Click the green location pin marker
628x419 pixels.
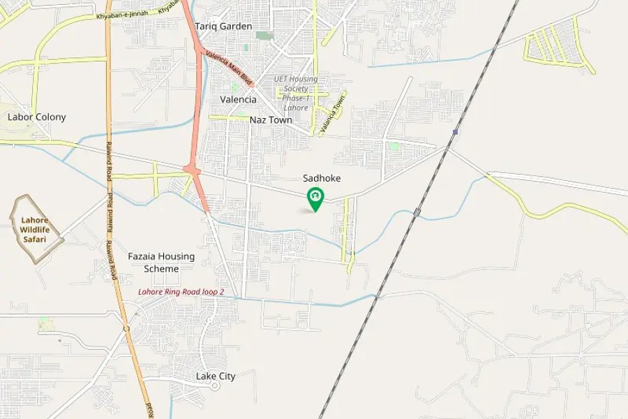pyautogui.click(x=315, y=198)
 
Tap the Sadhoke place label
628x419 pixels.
pyautogui.click(x=322, y=179)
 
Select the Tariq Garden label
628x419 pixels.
pyautogui.click(x=223, y=27)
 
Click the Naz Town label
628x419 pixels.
pyautogui.click(x=271, y=120)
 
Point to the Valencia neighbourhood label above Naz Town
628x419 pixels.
pyautogui.click(x=238, y=99)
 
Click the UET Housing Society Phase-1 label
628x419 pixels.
pyautogui.click(x=296, y=94)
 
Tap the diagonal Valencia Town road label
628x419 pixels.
pyautogui.click(x=334, y=114)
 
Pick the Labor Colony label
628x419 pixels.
pyautogui.click(x=36, y=117)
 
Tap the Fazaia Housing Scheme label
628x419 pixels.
pyautogui.click(x=161, y=263)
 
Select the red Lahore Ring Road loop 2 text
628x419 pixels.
pyautogui.click(x=181, y=292)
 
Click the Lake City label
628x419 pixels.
pyautogui.click(x=215, y=376)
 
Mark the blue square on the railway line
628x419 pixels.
pyautogui.click(x=455, y=132)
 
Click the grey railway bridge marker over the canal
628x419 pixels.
pyautogui.click(x=417, y=212)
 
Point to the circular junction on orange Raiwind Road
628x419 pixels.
pyautogui.click(x=126, y=328)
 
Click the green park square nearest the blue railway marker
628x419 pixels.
pyautogui.click(x=394, y=146)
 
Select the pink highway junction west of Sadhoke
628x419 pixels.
pyautogui.click(x=192, y=170)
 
